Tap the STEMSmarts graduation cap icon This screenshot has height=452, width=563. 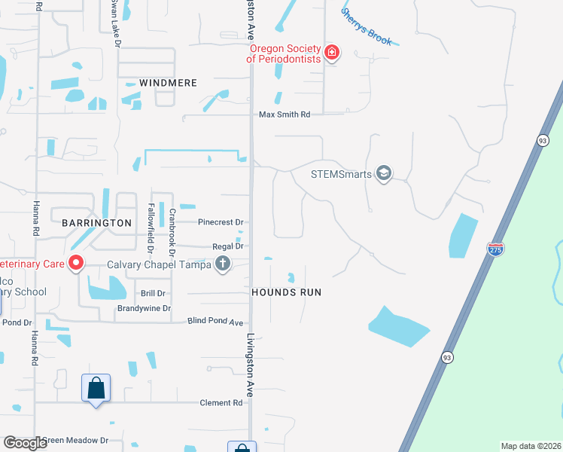(384, 174)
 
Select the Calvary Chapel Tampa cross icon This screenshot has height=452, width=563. (222, 264)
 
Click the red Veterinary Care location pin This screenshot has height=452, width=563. (76, 264)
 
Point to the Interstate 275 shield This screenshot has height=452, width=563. (495, 249)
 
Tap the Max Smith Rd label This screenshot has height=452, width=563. (285, 115)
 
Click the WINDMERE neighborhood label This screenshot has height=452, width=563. (168, 83)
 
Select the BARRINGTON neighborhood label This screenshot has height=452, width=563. (91, 223)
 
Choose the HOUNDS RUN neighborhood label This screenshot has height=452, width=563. (286, 292)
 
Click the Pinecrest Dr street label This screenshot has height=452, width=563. (221, 223)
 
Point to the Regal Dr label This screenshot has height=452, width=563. (228, 246)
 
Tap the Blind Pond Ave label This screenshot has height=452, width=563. (215, 322)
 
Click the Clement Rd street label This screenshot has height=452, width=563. (221, 403)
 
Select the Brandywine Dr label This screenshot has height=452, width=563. (144, 309)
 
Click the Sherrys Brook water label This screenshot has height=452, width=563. (367, 26)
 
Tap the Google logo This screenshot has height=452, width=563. (25, 443)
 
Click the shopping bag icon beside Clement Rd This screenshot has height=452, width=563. (96, 389)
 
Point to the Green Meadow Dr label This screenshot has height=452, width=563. (75, 441)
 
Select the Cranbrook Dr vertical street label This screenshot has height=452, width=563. (172, 230)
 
